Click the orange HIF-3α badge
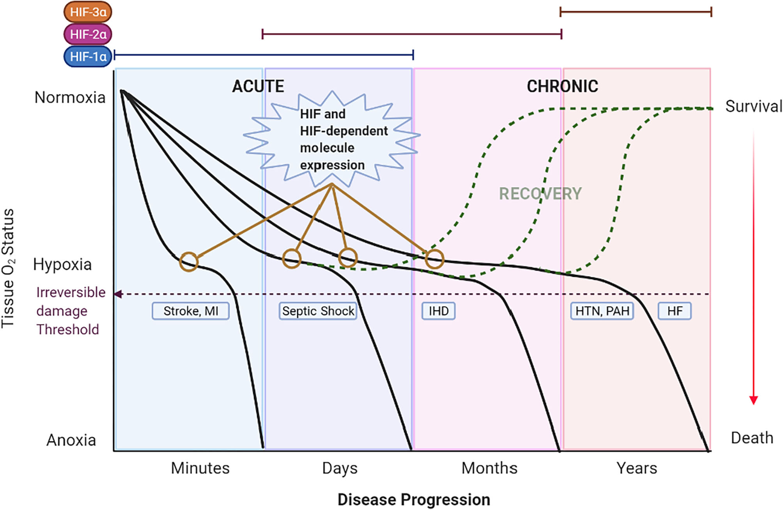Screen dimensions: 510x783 (x=88, y=12)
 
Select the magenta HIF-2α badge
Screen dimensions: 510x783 (x=88, y=34)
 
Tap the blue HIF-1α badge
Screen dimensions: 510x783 (x=88, y=57)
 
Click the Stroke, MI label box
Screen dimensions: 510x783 (x=190, y=311)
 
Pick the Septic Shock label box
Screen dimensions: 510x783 (x=318, y=311)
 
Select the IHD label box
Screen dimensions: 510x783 (x=438, y=311)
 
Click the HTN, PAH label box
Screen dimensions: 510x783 (x=602, y=311)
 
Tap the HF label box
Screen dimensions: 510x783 (x=675, y=311)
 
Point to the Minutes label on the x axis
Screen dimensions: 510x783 (x=200, y=468)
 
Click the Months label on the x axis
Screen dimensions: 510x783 (x=489, y=468)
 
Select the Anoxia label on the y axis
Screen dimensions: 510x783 (x=71, y=440)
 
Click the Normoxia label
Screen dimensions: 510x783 (x=70, y=98)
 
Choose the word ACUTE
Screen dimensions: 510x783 (x=258, y=86)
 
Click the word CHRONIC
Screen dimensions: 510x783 (x=562, y=86)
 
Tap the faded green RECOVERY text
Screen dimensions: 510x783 (x=540, y=194)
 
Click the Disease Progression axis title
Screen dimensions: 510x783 (x=413, y=499)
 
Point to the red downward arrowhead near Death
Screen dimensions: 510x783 (x=753, y=400)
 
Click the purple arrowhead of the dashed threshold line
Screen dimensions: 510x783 (x=117, y=294)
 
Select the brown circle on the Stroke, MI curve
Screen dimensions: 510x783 (x=189, y=261)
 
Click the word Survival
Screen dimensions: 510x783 (x=753, y=106)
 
